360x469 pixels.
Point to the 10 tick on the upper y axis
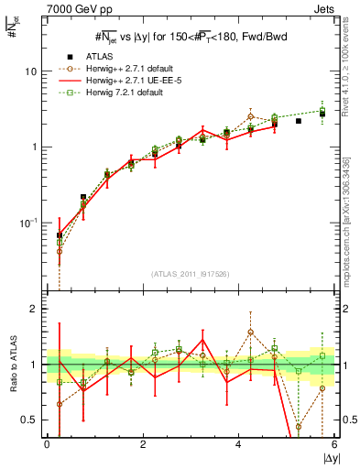[30, 71]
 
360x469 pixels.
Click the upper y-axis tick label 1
[34, 147]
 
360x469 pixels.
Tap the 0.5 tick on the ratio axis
[29, 420]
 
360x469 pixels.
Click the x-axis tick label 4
[239, 445]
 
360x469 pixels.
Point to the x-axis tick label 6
[334, 445]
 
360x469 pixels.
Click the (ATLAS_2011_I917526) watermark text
[191, 273]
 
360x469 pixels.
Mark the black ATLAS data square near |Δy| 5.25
[299, 121]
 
